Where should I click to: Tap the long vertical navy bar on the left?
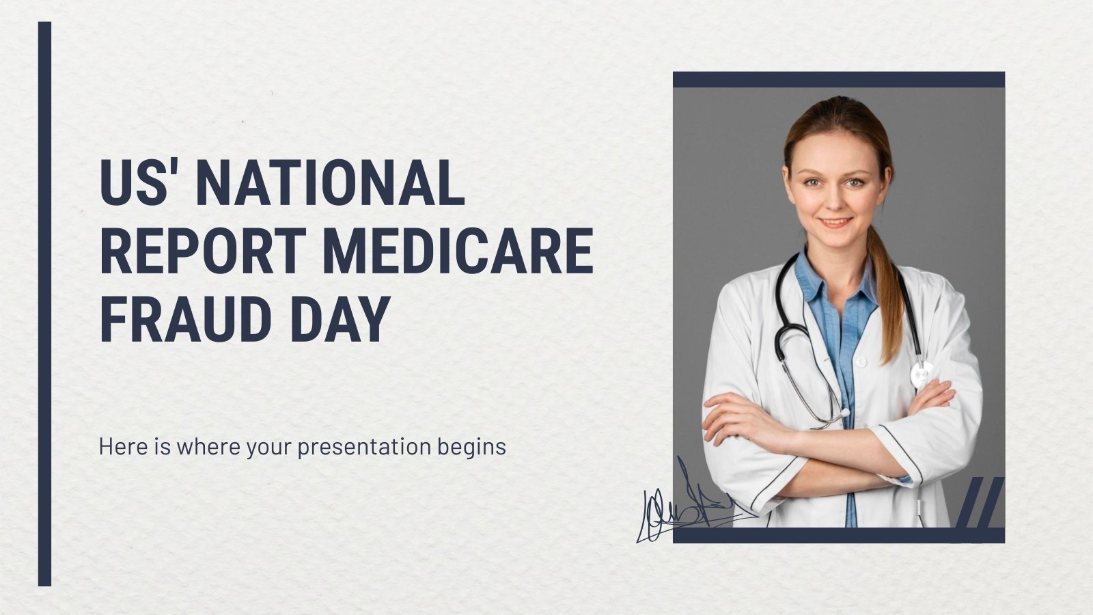[44, 304]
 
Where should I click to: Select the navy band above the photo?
[838, 80]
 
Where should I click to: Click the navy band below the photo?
[838, 535]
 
